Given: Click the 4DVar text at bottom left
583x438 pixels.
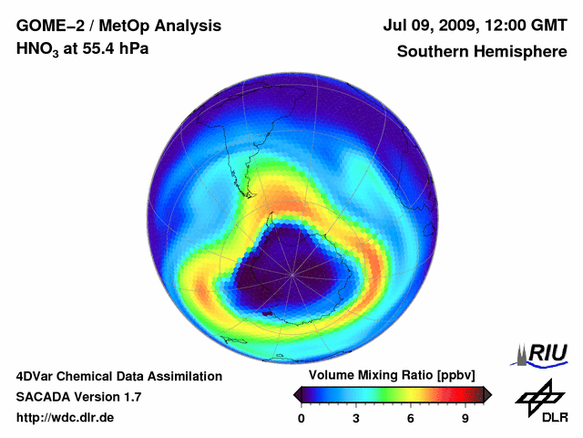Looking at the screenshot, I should [37, 376].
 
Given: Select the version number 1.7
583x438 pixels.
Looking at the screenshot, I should [131, 397].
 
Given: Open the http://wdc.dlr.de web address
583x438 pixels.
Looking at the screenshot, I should [66, 418].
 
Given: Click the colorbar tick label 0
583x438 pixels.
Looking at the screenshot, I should [302, 419].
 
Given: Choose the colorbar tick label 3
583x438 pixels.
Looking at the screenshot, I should [356, 419].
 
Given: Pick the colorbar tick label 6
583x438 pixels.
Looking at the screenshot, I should [411, 419].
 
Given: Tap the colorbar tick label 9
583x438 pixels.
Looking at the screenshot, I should [465, 419].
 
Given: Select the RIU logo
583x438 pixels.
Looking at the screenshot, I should [543, 353].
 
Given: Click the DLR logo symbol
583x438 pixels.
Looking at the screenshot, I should [538, 395].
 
